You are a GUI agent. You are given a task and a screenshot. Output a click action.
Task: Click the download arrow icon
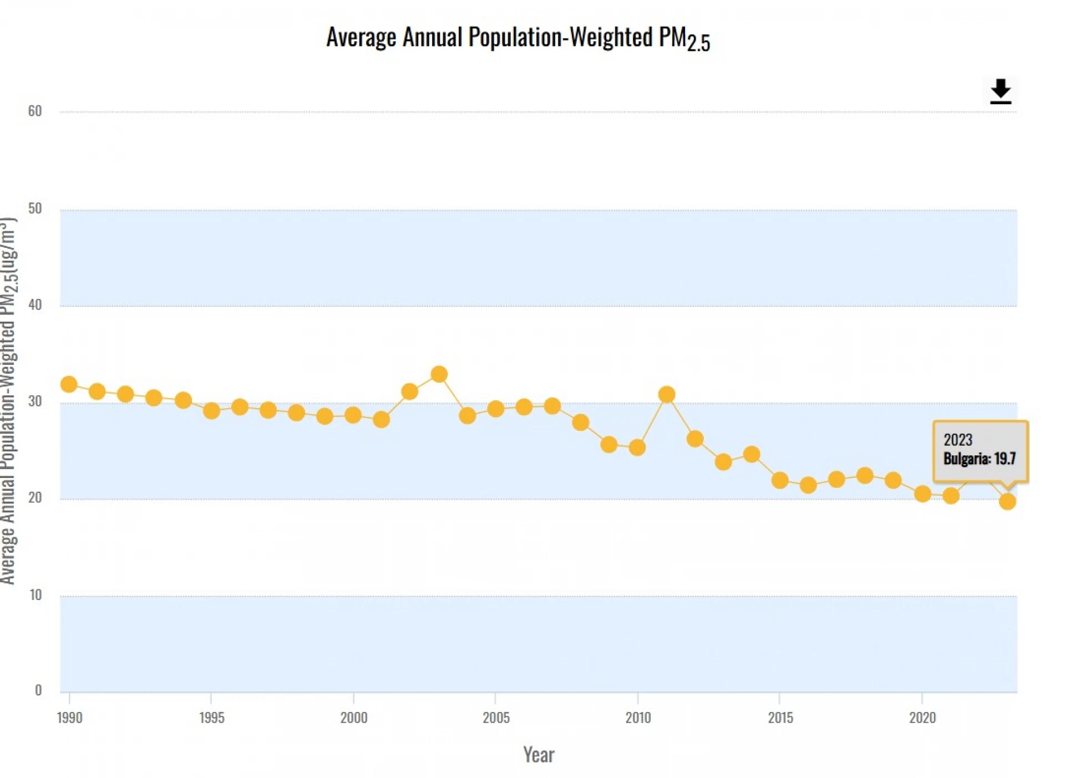tap(1000, 91)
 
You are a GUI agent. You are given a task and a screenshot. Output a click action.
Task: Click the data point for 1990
tap(69, 384)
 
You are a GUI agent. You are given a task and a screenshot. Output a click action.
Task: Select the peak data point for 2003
tap(439, 374)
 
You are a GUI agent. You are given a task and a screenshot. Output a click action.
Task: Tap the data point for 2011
tap(666, 394)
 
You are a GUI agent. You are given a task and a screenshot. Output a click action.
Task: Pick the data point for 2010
tap(637, 447)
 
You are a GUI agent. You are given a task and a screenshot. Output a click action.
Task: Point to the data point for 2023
tap(1007, 502)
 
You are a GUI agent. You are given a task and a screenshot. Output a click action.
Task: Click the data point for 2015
tap(780, 480)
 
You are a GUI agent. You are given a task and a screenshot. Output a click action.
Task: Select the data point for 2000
tap(353, 415)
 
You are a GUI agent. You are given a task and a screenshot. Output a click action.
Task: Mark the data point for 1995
tap(211, 411)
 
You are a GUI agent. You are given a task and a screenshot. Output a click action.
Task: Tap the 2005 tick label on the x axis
tap(496, 718)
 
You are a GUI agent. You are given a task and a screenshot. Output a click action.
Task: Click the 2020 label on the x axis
tap(922, 718)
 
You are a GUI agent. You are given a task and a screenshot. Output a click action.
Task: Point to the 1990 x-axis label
tap(69, 718)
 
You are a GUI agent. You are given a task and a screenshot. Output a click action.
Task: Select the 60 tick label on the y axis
tap(35, 111)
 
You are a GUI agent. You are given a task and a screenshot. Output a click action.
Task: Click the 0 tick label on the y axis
tap(38, 690)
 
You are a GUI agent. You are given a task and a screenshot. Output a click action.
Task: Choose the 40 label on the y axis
tap(35, 305)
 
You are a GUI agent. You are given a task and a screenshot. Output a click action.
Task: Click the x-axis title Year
tap(539, 755)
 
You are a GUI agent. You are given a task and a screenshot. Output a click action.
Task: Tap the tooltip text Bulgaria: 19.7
tap(980, 459)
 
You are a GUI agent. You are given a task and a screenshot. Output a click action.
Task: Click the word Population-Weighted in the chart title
tap(560, 38)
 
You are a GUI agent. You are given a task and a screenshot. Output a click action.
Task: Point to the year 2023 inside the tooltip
tap(958, 440)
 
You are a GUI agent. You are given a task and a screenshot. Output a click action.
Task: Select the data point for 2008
tap(580, 423)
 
